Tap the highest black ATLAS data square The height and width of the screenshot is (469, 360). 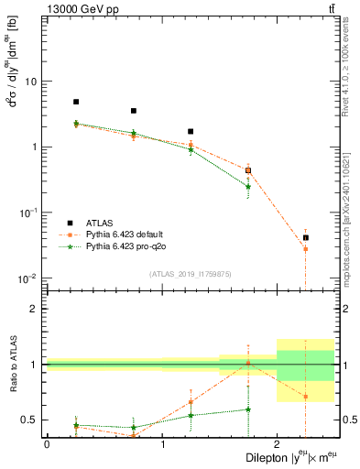tap(76, 102)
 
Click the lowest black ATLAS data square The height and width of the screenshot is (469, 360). tap(306, 237)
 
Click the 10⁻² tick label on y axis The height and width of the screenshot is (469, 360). tap(27, 278)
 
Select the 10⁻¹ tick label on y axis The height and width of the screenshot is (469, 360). tap(27, 213)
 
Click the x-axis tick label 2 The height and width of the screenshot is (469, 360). tap(278, 443)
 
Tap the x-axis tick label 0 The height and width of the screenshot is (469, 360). tap(47, 443)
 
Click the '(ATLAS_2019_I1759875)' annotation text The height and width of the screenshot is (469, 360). tap(190, 272)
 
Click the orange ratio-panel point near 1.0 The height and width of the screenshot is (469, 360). tap(248, 364)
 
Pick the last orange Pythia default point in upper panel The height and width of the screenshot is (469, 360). tap(306, 249)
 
